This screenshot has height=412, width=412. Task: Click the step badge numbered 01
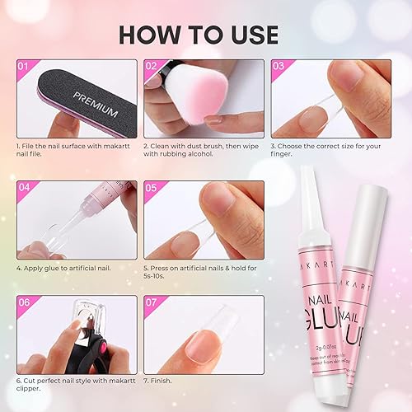tap(24, 66)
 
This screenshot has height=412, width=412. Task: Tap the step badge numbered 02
tap(151, 66)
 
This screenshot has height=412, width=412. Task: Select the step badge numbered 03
tap(278, 66)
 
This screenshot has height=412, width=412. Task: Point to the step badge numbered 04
tap(24, 187)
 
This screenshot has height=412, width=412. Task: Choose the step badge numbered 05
tap(151, 187)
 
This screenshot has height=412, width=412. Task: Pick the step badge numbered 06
tap(24, 302)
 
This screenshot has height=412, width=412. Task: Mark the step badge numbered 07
tap(151, 302)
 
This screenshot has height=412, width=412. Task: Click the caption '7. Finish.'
tap(167, 382)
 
